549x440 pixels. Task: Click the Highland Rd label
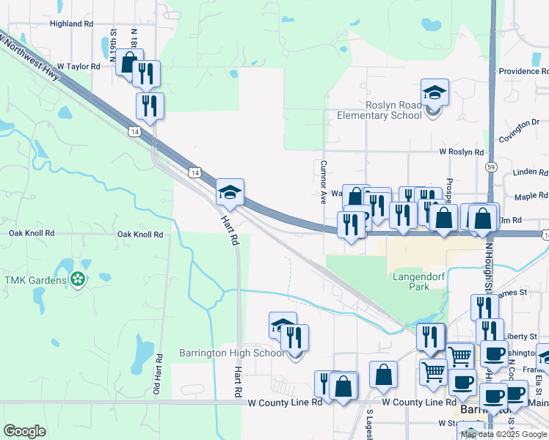[x=72, y=23]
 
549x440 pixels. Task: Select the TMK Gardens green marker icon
[x=77, y=279]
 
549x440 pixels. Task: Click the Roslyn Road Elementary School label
[x=379, y=110]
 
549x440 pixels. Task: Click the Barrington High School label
[x=232, y=353]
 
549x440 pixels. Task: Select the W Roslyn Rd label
[x=461, y=152]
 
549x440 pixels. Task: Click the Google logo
[x=24, y=431]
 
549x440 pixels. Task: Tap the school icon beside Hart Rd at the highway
[x=230, y=193]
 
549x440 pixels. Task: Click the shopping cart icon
[x=459, y=356]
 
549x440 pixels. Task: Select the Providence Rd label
[x=523, y=71]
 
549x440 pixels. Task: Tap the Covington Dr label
[x=519, y=128]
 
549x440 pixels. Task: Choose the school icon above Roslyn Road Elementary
[x=435, y=92]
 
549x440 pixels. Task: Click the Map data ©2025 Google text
[x=503, y=434]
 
